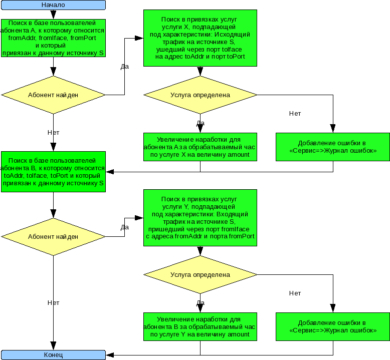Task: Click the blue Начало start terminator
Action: tap(53, 5)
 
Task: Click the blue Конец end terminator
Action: tap(53, 355)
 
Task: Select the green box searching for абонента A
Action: tap(53, 39)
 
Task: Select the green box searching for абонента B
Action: tap(53, 171)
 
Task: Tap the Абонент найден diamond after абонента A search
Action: tap(53, 94)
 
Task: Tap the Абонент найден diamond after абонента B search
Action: tap(53, 236)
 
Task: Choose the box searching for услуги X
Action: tap(200, 38)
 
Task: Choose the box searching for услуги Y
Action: tap(200, 218)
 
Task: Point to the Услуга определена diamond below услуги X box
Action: tap(200, 94)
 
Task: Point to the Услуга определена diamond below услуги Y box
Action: tap(200, 274)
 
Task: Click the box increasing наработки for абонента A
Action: tap(200, 147)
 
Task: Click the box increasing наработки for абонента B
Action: tap(200, 326)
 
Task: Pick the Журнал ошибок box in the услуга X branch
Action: tap(332, 147)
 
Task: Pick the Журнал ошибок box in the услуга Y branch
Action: tap(332, 326)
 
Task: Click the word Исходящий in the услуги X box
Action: tap(235, 35)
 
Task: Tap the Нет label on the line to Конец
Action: tap(53, 303)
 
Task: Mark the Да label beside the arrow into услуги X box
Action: tap(125, 66)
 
